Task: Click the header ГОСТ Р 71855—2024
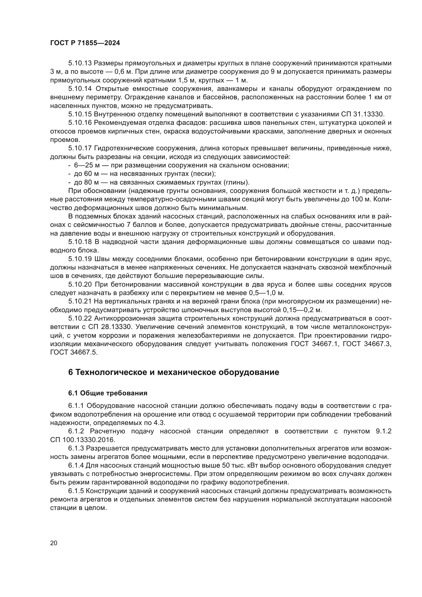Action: (x=85, y=43)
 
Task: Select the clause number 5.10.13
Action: (x=80, y=63)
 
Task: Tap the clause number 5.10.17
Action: (x=80, y=148)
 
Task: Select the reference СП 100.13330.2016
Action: (x=82, y=440)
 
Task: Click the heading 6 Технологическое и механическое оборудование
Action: (x=173, y=372)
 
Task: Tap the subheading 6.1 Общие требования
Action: (x=108, y=393)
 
